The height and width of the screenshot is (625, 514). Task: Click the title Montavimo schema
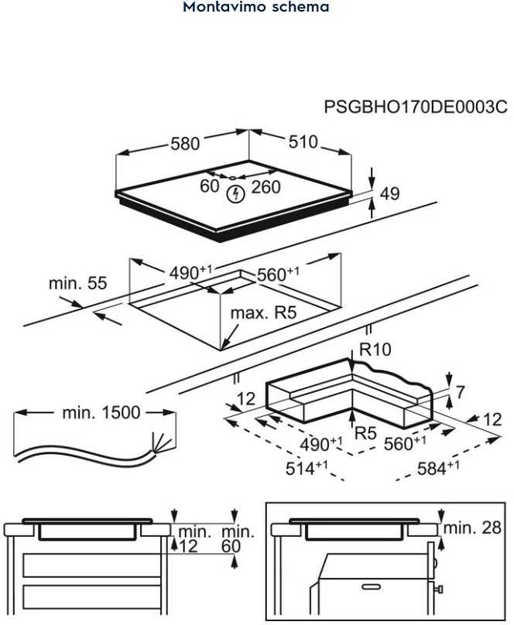click(x=256, y=7)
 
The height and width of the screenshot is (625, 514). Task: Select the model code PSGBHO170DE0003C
click(x=416, y=107)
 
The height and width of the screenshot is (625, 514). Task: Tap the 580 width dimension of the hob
click(x=185, y=144)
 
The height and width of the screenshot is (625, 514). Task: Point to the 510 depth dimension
click(x=303, y=142)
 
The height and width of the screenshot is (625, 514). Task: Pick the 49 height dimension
click(x=389, y=193)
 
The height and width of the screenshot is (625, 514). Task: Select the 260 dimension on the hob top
click(x=266, y=187)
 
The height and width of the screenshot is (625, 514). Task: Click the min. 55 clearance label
click(x=77, y=283)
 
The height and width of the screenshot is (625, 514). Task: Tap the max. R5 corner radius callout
click(x=263, y=313)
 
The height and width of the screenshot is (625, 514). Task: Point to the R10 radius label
click(x=375, y=350)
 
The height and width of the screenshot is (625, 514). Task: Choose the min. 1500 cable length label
click(x=101, y=412)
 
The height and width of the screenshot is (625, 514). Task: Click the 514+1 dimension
click(x=307, y=467)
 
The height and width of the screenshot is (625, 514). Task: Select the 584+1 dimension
click(x=438, y=467)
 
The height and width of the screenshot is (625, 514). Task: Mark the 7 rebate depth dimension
click(x=460, y=392)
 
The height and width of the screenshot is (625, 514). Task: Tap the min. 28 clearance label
click(x=472, y=528)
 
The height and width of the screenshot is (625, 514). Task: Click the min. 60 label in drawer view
click(x=238, y=539)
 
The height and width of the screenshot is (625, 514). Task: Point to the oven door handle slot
click(x=372, y=586)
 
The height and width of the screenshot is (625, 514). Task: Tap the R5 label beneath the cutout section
click(x=365, y=433)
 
